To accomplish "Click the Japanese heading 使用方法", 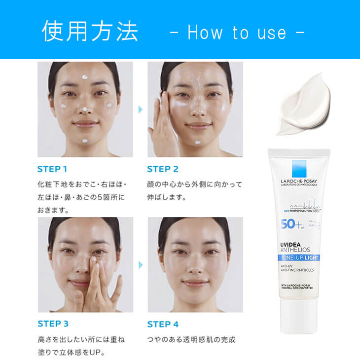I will [90, 31].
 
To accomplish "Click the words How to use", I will [237, 33].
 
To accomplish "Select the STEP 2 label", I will [163, 169].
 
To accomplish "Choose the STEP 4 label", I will [163, 324].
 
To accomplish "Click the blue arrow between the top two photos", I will [140, 109].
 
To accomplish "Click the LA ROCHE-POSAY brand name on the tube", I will [299, 181].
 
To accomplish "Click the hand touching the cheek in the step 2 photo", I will [163, 123].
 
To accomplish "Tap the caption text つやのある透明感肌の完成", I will [191, 340].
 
